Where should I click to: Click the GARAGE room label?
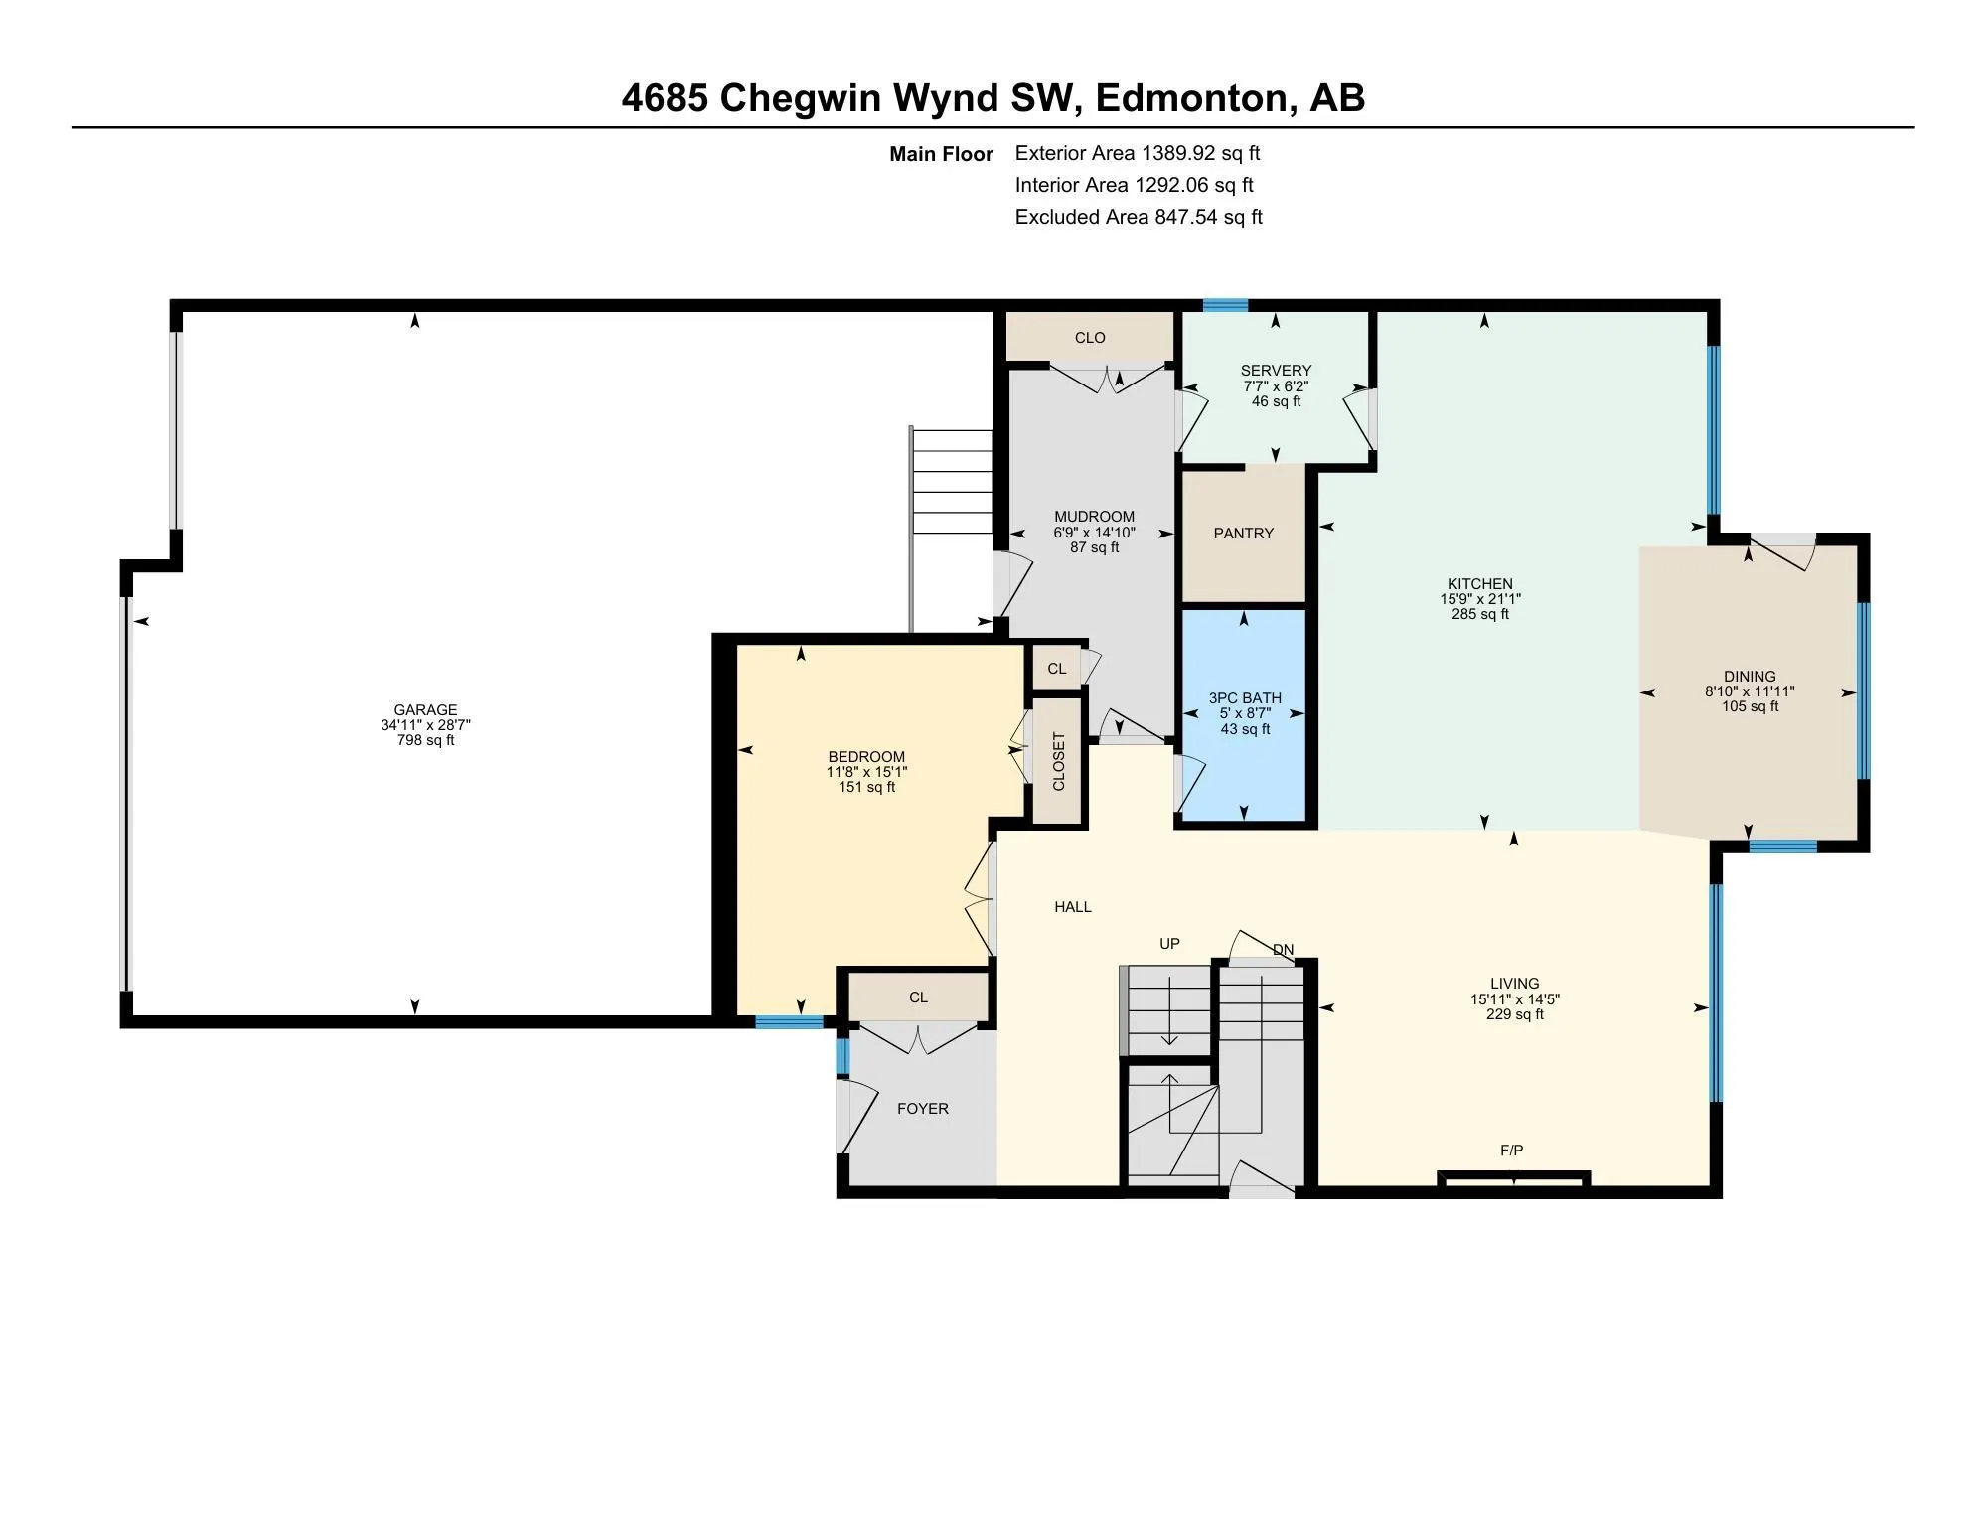(x=425, y=709)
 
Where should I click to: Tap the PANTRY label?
(x=1243, y=534)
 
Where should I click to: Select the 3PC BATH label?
(x=1245, y=698)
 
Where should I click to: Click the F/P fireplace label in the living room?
(x=1511, y=1151)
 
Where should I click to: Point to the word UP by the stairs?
(x=1169, y=944)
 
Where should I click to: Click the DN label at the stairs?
(x=1283, y=950)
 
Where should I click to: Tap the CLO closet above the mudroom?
(x=1090, y=338)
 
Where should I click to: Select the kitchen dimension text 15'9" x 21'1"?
(x=1480, y=599)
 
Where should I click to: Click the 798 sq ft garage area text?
(x=425, y=740)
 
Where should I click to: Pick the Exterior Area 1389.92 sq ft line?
(x=1137, y=153)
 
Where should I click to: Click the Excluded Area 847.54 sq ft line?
(x=1138, y=217)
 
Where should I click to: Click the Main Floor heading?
(x=941, y=154)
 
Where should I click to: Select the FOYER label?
(x=922, y=1109)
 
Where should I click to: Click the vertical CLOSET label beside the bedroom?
(x=1058, y=761)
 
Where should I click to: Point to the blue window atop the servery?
(x=1225, y=306)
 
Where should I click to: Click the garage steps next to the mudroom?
(x=953, y=482)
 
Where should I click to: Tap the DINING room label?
(x=1750, y=677)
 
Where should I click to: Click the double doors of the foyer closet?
(x=919, y=1039)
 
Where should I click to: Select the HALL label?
(x=1072, y=907)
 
